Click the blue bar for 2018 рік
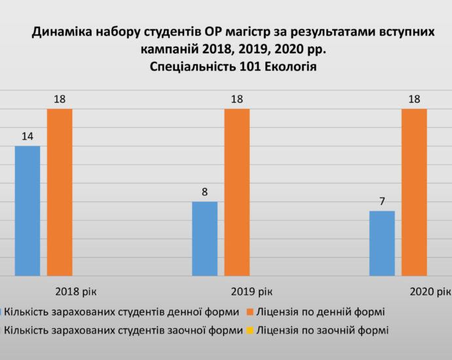28,210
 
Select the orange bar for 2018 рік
60,192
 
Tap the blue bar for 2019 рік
204,238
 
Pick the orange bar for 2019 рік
237,192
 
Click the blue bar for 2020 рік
382,243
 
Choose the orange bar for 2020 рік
414,192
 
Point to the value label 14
28,137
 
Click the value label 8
204,192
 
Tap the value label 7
382,202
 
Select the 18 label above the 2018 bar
60,99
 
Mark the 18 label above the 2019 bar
237,99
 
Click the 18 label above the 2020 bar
414,99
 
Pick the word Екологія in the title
286,65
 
